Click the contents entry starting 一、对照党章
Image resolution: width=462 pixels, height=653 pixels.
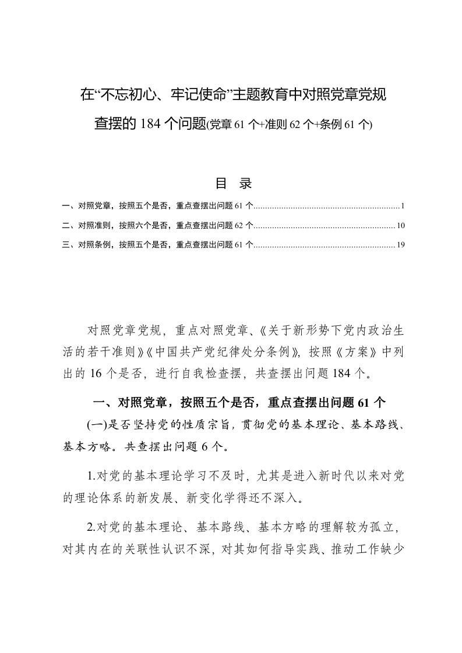point(157,206)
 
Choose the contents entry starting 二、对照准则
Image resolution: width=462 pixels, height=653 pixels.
point(157,225)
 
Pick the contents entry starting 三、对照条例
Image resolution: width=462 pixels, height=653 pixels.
point(157,245)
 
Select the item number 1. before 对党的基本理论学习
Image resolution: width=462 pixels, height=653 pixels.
point(91,477)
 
